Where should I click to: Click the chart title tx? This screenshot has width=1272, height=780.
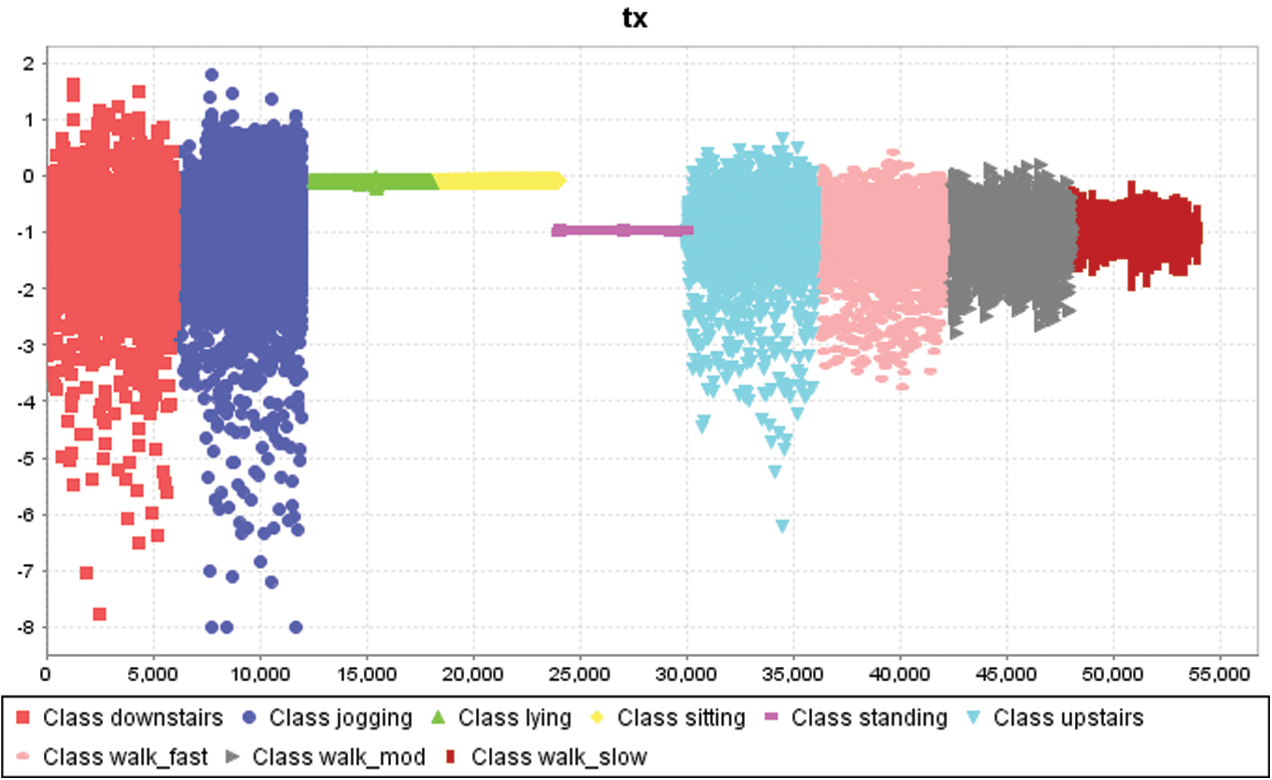pyautogui.click(x=635, y=18)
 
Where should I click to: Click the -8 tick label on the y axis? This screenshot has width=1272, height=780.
pyautogui.click(x=26, y=628)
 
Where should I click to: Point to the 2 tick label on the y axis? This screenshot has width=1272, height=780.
pyautogui.click(x=27, y=64)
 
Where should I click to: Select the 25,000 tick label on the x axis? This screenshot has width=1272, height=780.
pyautogui.click(x=579, y=674)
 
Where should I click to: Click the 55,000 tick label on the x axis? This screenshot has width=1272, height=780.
pyautogui.click(x=1219, y=674)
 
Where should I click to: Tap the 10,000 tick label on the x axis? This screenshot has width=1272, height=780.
pyautogui.click(x=260, y=674)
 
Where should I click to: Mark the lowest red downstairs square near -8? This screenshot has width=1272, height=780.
pyautogui.click(x=99, y=614)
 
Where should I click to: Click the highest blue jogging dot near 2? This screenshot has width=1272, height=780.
pyautogui.click(x=212, y=75)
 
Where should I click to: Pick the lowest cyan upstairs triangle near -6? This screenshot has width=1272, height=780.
pyautogui.click(x=782, y=525)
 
